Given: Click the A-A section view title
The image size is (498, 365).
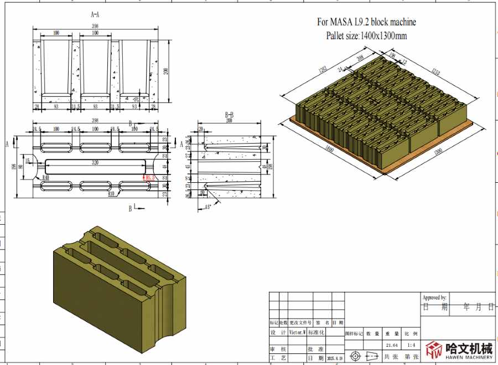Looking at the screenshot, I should tap(95, 16).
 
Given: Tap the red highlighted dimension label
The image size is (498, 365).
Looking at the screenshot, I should tap(148, 178).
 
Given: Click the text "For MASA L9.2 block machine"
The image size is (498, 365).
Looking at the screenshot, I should tap(366, 22).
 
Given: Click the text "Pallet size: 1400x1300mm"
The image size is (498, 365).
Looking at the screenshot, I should tap(366, 36).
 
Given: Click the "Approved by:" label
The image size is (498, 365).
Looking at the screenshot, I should tap(434, 298).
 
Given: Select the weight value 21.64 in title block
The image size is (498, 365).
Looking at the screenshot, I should tap(392, 345).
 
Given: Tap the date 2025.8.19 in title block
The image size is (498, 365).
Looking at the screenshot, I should tap(335, 358).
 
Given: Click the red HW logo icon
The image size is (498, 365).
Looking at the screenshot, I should tap(434, 349).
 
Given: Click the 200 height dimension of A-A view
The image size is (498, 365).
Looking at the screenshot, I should tap(166, 71).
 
